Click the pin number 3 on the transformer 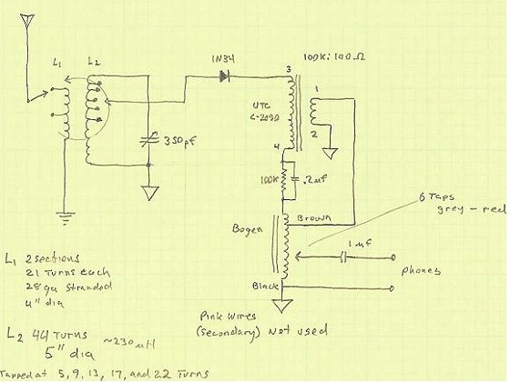click(x=289, y=69)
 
